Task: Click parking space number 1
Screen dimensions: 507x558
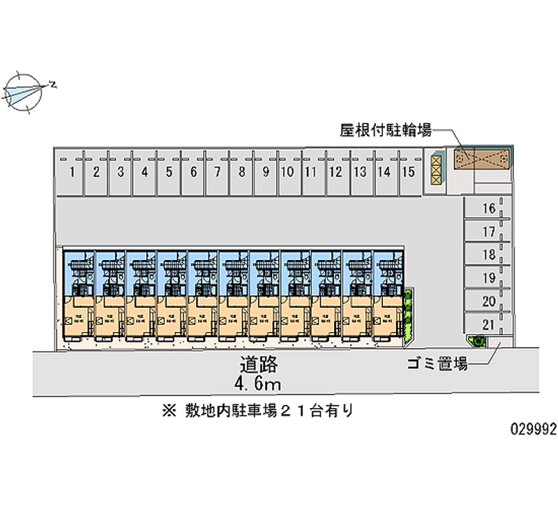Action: [73, 172]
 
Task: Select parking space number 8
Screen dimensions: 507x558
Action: [241, 172]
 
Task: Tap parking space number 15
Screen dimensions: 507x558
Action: [408, 172]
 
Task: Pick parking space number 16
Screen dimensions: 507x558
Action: [488, 208]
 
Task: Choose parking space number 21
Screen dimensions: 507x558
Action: [488, 324]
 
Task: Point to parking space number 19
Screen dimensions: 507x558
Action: [488, 278]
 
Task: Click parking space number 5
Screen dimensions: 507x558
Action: [169, 172]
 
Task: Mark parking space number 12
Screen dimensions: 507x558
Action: [335, 172]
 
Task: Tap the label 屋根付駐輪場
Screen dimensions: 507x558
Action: [385, 130]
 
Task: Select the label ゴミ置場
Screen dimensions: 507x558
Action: [437, 363]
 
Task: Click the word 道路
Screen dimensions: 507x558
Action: [259, 364]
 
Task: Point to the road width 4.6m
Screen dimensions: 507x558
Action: [259, 383]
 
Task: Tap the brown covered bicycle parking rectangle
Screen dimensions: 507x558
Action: [483, 160]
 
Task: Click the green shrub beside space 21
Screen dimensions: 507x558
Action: [478, 341]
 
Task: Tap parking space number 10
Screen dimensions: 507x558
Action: [287, 172]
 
